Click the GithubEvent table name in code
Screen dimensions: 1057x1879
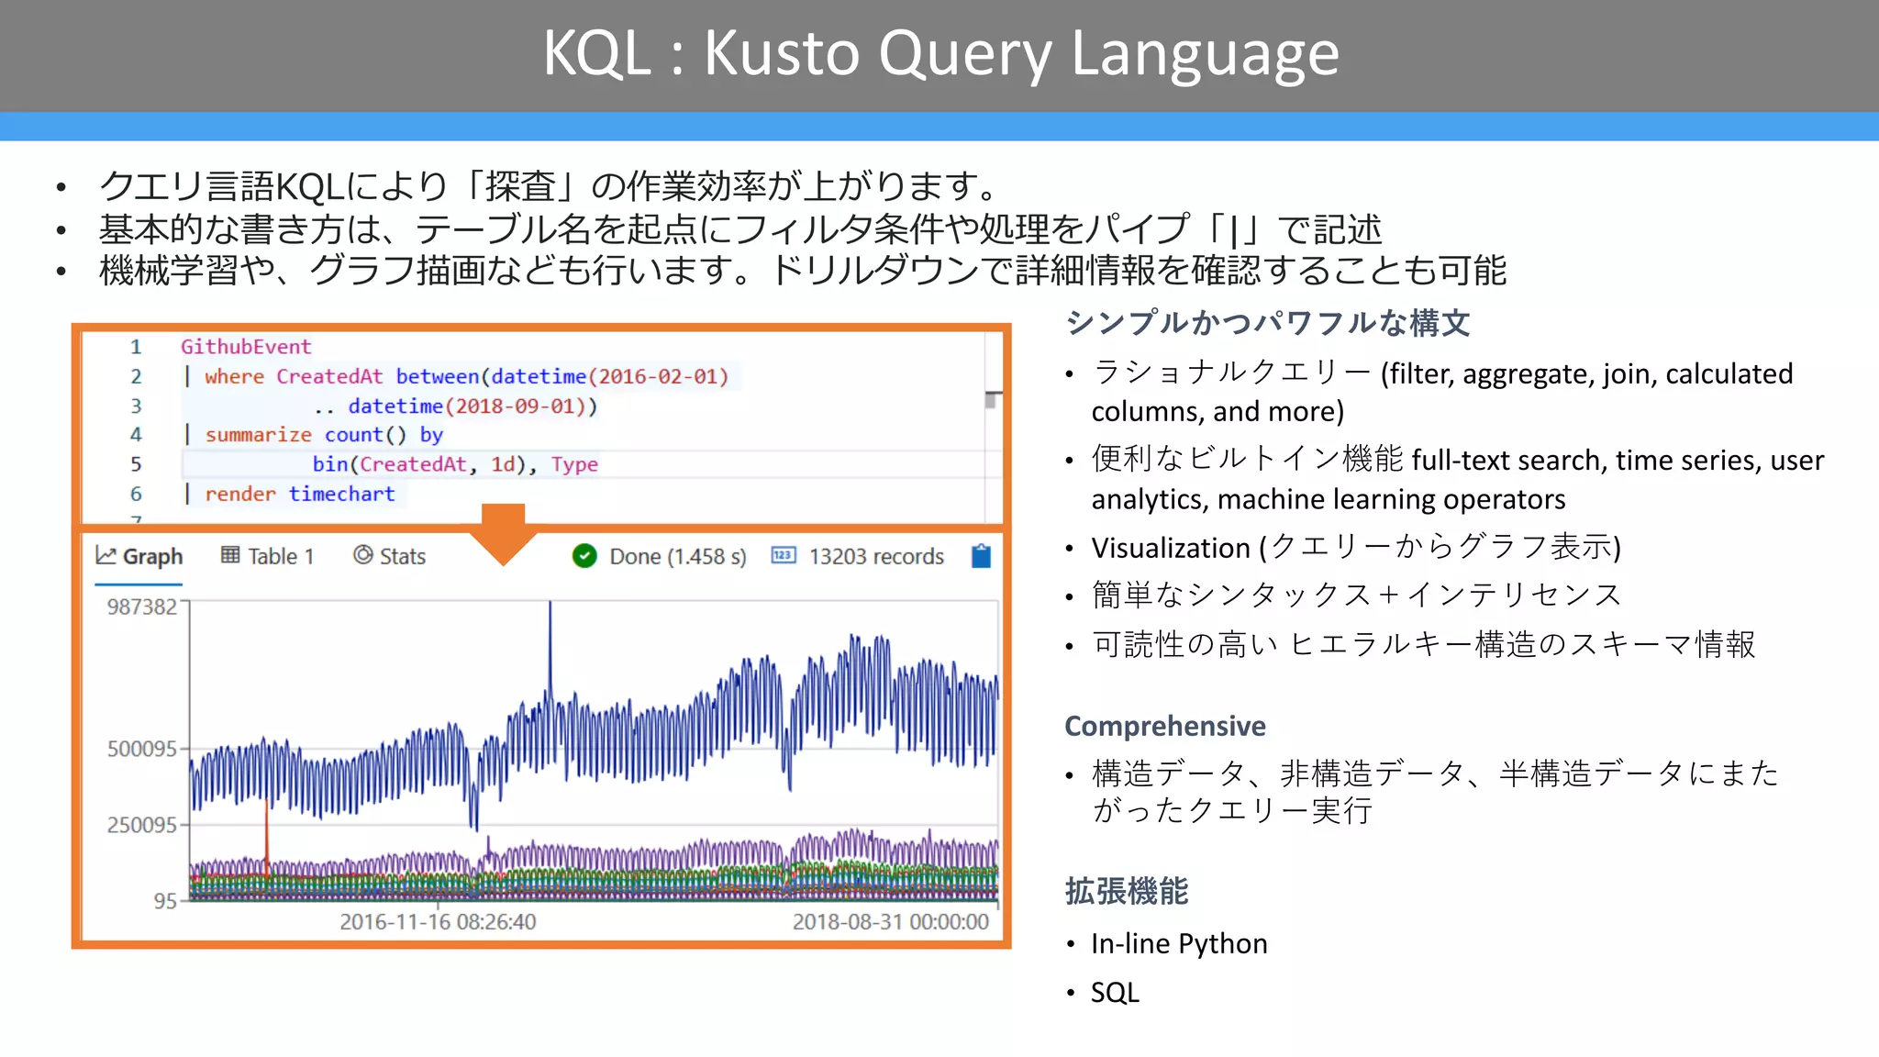[246, 347]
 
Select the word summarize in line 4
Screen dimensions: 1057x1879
[258, 435]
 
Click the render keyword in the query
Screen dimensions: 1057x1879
[239, 494]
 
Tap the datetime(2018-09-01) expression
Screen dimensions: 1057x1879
[473, 406]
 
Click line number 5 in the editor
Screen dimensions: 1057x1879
[136, 464]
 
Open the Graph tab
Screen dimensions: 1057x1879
[139, 557]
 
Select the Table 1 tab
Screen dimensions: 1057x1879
[268, 557]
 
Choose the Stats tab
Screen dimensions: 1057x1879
[390, 557]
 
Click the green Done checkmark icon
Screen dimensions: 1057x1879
[584, 556]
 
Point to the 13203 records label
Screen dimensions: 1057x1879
[875, 557]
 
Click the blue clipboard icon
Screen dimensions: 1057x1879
[981, 556]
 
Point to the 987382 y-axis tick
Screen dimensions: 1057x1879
[141, 606]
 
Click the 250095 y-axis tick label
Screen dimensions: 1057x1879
[141, 825]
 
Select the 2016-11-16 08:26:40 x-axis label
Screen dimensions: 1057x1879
[438, 922]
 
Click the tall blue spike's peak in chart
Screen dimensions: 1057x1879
[550, 605]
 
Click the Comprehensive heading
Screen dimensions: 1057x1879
[1164, 726]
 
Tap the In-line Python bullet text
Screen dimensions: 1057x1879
[1178, 944]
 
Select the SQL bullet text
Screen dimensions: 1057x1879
[1114, 993]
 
